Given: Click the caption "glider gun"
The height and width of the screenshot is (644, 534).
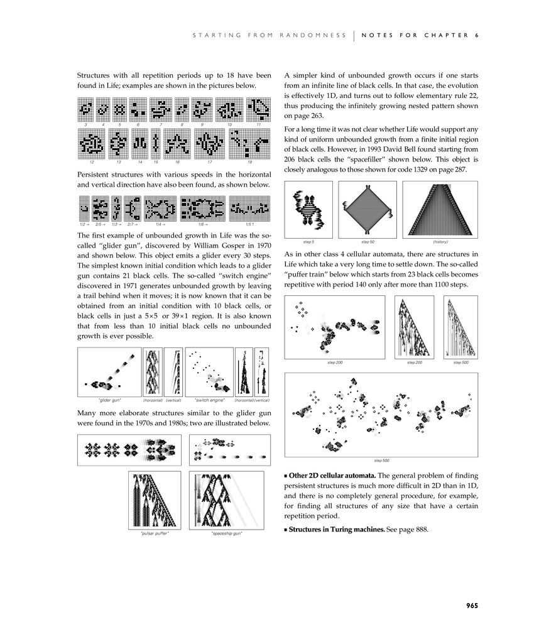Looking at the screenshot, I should (x=110, y=400).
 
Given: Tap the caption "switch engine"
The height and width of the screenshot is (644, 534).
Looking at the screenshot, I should (x=209, y=400).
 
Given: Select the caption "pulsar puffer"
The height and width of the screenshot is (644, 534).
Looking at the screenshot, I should (x=155, y=533).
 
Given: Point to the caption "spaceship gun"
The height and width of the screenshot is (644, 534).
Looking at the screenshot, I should (x=227, y=533).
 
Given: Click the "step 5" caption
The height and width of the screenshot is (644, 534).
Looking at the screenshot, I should (x=308, y=242).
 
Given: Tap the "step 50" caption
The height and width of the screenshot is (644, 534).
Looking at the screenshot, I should (x=368, y=242).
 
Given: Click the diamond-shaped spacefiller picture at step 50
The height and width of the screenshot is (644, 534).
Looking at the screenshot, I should (x=368, y=210).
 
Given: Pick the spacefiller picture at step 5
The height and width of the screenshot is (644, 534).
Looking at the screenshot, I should (x=308, y=210).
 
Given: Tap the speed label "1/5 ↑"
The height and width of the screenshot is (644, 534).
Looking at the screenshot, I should (x=249, y=224).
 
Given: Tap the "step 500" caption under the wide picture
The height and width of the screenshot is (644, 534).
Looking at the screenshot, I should (x=381, y=461).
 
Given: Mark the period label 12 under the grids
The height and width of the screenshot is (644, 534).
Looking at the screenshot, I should (x=92, y=161).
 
